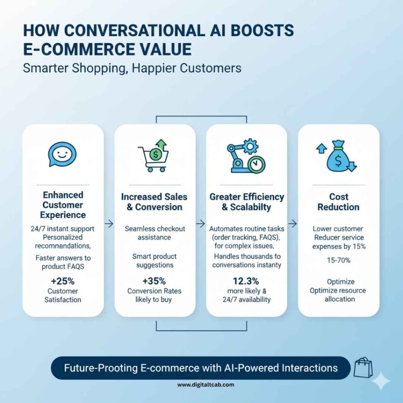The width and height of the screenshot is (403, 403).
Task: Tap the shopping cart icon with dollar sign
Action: [x=154, y=156]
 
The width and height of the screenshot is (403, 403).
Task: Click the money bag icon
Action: [x=338, y=156]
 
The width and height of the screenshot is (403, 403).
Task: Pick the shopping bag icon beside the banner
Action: [x=362, y=368]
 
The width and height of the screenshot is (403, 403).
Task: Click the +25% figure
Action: [x=63, y=281]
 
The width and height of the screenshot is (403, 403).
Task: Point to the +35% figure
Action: [x=154, y=281]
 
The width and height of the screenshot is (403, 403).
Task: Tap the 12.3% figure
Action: [x=246, y=281]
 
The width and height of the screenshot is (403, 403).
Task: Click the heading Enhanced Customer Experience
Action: [x=63, y=205]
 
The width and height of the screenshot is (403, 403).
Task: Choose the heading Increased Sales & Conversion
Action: [x=154, y=202]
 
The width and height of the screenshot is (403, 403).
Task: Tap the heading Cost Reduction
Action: [x=338, y=202]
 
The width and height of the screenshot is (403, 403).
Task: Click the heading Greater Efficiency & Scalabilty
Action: [x=246, y=202]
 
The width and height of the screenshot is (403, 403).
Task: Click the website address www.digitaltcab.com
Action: [x=201, y=385]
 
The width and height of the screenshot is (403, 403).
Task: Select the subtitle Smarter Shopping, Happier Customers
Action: [x=132, y=68]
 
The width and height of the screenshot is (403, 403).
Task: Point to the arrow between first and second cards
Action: [x=109, y=224]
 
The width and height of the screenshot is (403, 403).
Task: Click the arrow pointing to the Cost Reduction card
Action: [x=292, y=224]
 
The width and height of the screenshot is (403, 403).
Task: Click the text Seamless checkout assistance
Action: [x=154, y=233]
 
